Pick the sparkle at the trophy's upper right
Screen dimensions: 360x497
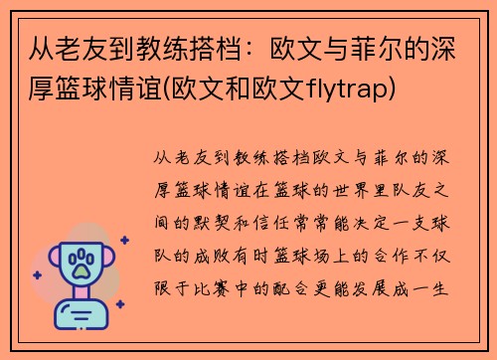click(124, 240)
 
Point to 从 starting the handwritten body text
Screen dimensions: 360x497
click(165, 160)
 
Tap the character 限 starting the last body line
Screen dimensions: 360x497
click(165, 294)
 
